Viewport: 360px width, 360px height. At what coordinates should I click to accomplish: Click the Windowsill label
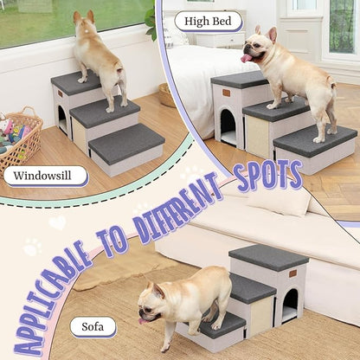45,176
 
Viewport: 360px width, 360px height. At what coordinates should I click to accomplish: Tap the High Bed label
208,21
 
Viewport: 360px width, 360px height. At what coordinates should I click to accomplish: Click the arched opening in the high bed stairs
228,126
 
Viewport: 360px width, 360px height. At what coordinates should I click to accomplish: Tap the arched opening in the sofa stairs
290,305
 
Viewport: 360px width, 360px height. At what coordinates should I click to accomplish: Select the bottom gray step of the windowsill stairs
126,144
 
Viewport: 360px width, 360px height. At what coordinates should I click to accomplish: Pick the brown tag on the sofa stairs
292,274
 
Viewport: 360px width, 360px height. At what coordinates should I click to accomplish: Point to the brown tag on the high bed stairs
226,93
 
